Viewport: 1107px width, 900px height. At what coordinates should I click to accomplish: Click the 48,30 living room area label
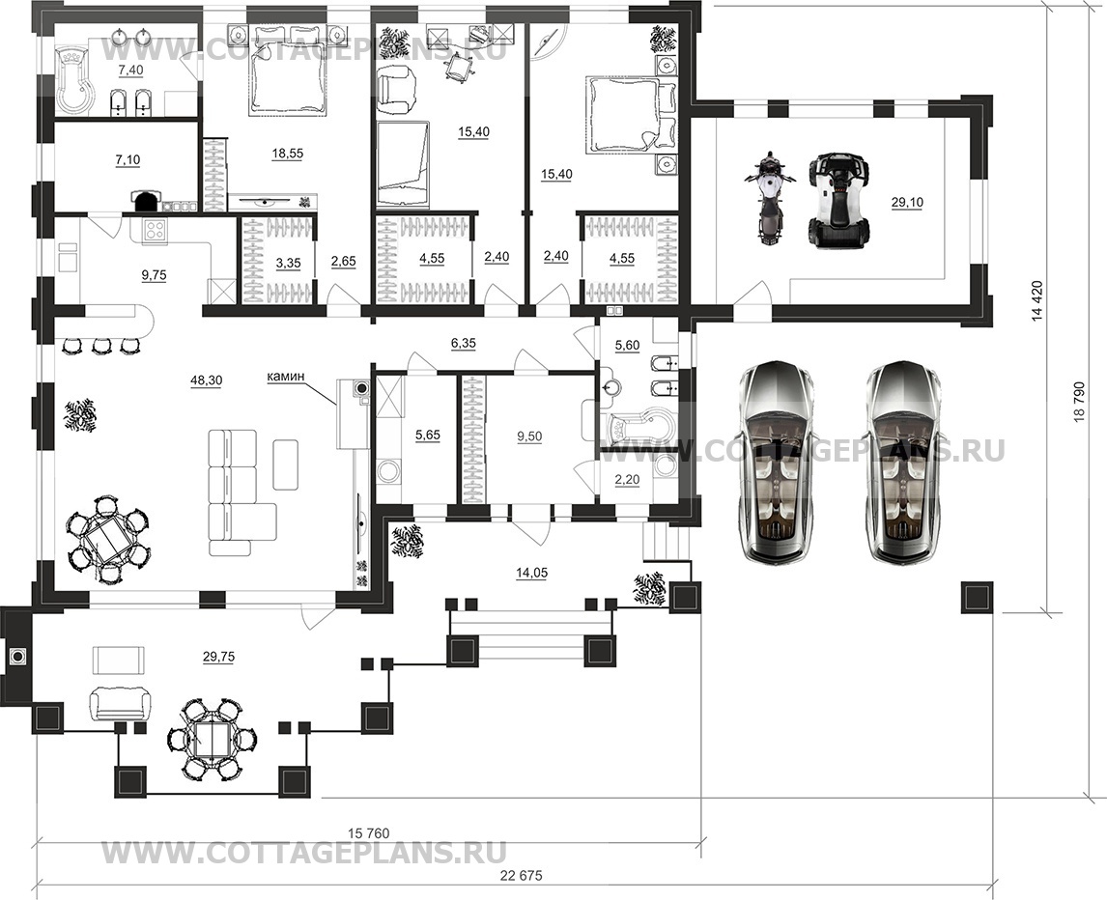tap(206, 380)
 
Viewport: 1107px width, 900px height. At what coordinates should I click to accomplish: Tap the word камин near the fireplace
tap(286, 377)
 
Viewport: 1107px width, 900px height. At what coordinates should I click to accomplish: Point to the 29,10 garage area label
tap(907, 203)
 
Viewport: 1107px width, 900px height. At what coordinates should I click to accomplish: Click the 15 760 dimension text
tap(369, 833)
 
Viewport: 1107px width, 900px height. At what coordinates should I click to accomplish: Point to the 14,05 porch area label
tap(531, 574)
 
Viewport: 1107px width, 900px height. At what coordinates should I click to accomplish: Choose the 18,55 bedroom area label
tap(286, 153)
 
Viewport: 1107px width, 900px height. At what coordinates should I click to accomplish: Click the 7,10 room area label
tap(128, 160)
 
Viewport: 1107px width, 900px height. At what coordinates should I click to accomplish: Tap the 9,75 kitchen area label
tap(154, 275)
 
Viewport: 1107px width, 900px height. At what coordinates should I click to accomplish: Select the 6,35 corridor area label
tap(463, 344)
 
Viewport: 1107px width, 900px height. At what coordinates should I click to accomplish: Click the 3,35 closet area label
tap(288, 264)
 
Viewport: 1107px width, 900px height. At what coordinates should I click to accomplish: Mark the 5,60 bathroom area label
tap(627, 345)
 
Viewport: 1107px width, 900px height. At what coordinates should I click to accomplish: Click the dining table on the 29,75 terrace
tap(213, 740)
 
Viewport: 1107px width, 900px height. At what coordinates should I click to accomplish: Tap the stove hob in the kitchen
tap(156, 230)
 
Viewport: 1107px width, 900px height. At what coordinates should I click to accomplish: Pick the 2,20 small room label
tap(627, 480)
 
